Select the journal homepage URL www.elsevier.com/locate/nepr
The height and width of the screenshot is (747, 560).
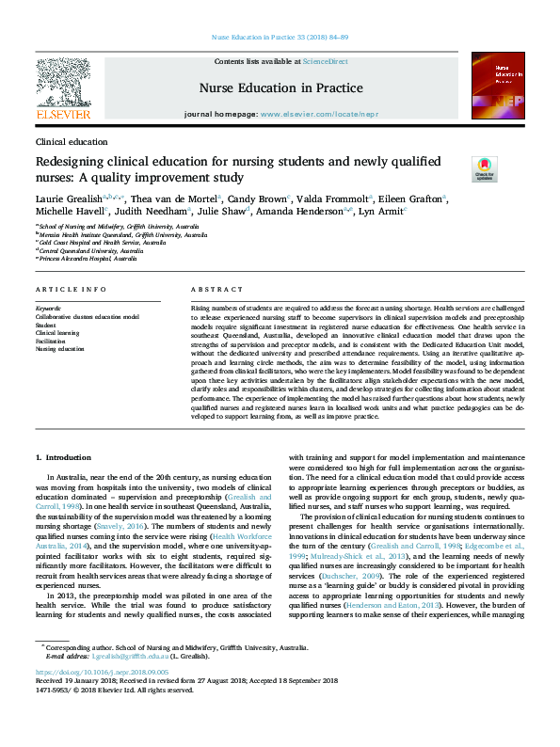coord(307,113)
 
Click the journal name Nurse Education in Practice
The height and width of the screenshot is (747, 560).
coord(280,87)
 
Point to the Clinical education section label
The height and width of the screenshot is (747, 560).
coord(71,141)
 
